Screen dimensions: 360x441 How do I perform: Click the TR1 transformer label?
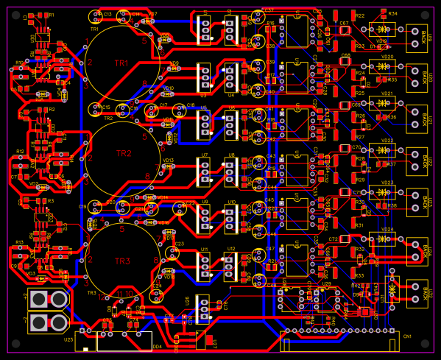[121, 63]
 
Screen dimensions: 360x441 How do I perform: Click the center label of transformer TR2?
[123, 153]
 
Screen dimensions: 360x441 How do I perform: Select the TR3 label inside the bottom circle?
[122, 261]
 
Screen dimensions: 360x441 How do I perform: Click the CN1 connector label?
[407, 336]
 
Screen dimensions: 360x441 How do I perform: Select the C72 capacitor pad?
[344, 239]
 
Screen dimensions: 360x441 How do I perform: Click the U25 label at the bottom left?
[68, 339]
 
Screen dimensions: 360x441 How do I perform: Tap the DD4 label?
[157, 346]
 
